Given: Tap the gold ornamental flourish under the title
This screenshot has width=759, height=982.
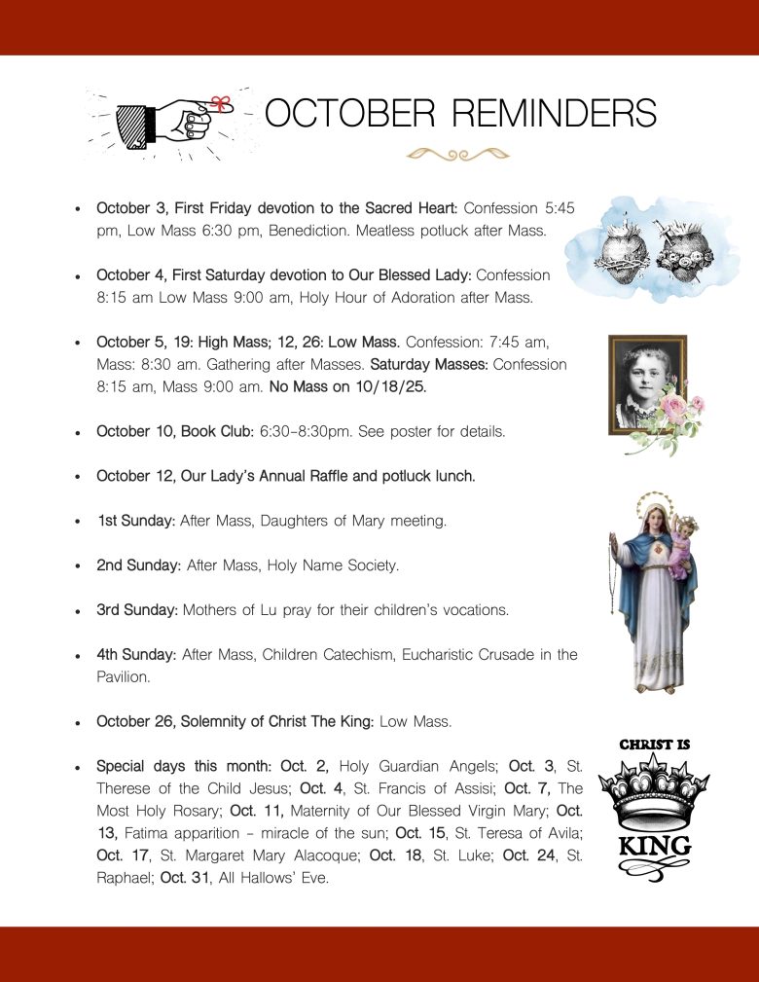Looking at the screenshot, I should tap(458, 153).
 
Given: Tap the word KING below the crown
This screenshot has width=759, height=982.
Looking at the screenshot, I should tap(654, 845).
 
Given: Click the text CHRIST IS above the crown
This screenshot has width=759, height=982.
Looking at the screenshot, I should tap(654, 745).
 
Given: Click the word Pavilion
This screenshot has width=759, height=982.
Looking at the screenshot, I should tap(123, 676).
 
